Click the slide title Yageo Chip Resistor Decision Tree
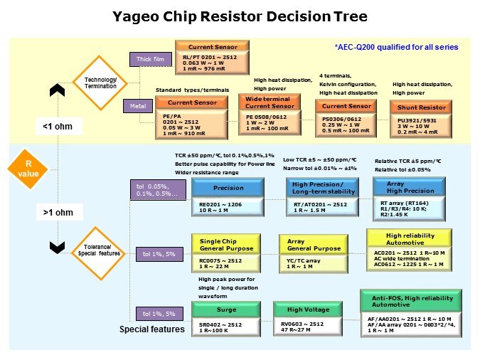(240, 16)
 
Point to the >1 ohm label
(56, 212)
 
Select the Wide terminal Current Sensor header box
(269, 102)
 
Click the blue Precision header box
(228, 189)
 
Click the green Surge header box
(227, 309)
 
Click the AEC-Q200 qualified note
(396, 47)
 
